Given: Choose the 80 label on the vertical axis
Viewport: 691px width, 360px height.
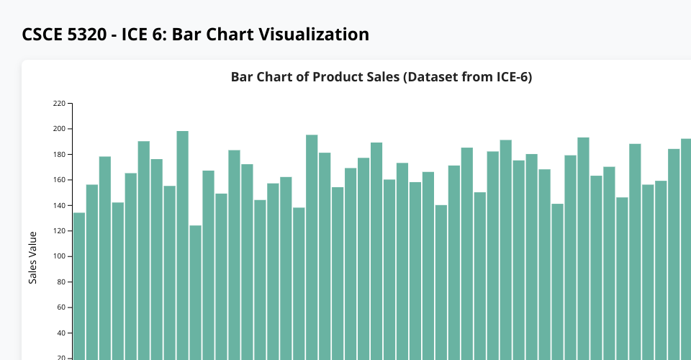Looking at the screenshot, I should point(61,282).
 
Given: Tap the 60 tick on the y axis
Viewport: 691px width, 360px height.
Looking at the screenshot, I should point(61,308).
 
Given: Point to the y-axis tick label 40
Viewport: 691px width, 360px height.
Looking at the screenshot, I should point(61,333).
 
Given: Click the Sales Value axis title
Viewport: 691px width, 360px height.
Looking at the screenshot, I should point(32,257).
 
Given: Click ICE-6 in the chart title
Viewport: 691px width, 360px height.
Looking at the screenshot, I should point(510,77).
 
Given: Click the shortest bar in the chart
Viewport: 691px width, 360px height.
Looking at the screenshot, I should point(196,288).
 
